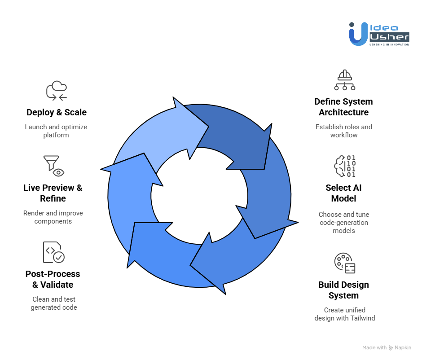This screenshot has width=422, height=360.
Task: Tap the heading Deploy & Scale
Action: (57, 112)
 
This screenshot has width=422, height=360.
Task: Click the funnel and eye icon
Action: (54, 166)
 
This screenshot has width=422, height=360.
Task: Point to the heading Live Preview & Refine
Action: (53, 193)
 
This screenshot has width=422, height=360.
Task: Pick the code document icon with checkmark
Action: (54, 252)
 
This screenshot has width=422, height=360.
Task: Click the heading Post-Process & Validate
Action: (53, 279)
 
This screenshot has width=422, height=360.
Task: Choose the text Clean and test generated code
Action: (54, 303)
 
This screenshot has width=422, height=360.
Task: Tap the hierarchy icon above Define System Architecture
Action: (344, 80)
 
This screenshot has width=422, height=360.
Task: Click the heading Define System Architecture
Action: (344, 107)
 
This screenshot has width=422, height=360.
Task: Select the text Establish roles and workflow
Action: (344, 131)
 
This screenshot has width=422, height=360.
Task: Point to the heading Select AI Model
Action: (343, 193)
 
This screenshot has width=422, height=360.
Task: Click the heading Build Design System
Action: (344, 290)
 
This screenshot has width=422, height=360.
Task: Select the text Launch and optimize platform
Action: (56, 131)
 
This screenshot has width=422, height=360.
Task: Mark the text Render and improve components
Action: (53, 217)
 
